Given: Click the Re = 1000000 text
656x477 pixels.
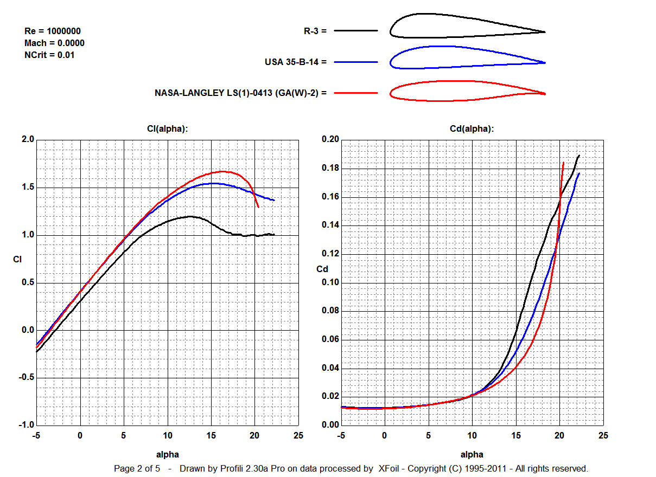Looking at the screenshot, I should pos(53,31).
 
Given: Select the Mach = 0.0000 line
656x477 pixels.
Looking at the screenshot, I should pos(54,43).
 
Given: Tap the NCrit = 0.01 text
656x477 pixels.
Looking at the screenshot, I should pos(49,55).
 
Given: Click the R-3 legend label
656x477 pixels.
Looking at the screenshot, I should pos(315,31).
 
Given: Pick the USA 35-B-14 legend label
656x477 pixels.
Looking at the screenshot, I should pos(296,62).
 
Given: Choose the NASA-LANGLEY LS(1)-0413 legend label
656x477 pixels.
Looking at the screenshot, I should pos(241,93).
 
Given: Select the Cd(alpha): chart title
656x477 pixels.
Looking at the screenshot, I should pos(472,128).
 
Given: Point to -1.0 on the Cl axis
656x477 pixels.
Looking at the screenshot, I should pos(26,425).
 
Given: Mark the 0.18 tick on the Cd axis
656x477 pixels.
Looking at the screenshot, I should pos(330,169).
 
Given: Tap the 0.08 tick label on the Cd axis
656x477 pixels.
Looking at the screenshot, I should pos(330,311).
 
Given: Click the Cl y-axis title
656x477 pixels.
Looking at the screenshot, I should pos(17,260).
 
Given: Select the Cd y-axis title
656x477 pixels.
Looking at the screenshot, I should pos(322,269).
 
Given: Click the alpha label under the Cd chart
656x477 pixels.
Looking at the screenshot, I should pos(472,454).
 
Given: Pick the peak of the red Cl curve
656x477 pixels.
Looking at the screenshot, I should pos(222,171).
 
